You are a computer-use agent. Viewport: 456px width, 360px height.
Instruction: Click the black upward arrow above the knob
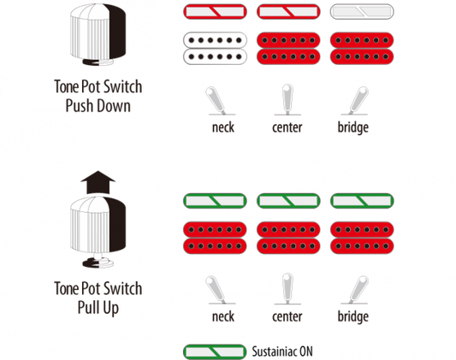click(x=98, y=182)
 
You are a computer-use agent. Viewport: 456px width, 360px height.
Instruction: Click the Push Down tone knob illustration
click(x=98, y=35)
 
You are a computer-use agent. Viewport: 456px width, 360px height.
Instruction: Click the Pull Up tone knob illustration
click(x=98, y=232)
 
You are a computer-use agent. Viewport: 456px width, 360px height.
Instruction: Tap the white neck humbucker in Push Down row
click(x=216, y=48)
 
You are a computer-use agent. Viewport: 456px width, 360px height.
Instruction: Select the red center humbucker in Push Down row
click(x=288, y=48)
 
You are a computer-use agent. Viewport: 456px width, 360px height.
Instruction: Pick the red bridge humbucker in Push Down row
click(x=362, y=48)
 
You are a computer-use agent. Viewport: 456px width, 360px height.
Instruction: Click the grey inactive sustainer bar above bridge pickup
click(x=362, y=12)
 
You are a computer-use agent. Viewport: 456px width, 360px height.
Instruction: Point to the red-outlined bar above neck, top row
click(x=216, y=12)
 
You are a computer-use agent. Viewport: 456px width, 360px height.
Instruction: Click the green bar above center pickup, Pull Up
click(x=288, y=201)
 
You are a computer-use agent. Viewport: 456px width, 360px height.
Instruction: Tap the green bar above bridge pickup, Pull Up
click(x=362, y=201)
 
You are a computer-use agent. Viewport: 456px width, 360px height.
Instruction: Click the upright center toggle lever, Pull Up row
click(x=287, y=288)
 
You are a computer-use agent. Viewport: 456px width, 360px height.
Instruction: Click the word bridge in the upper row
click(x=353, y=127)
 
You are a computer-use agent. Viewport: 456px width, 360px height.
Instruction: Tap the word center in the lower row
click(x=287, y=316)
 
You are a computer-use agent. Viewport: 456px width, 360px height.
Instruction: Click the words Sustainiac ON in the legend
click(x=282, y=351)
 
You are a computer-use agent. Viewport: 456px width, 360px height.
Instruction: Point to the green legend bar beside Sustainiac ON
click(x=216, y=351)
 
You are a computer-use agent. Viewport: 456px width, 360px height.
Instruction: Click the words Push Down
click(x=98, y=106)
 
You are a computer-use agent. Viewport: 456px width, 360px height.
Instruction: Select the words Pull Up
click(x=98, y=308)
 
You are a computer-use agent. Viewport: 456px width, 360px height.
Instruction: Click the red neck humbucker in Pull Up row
click(x=216, y=238)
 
